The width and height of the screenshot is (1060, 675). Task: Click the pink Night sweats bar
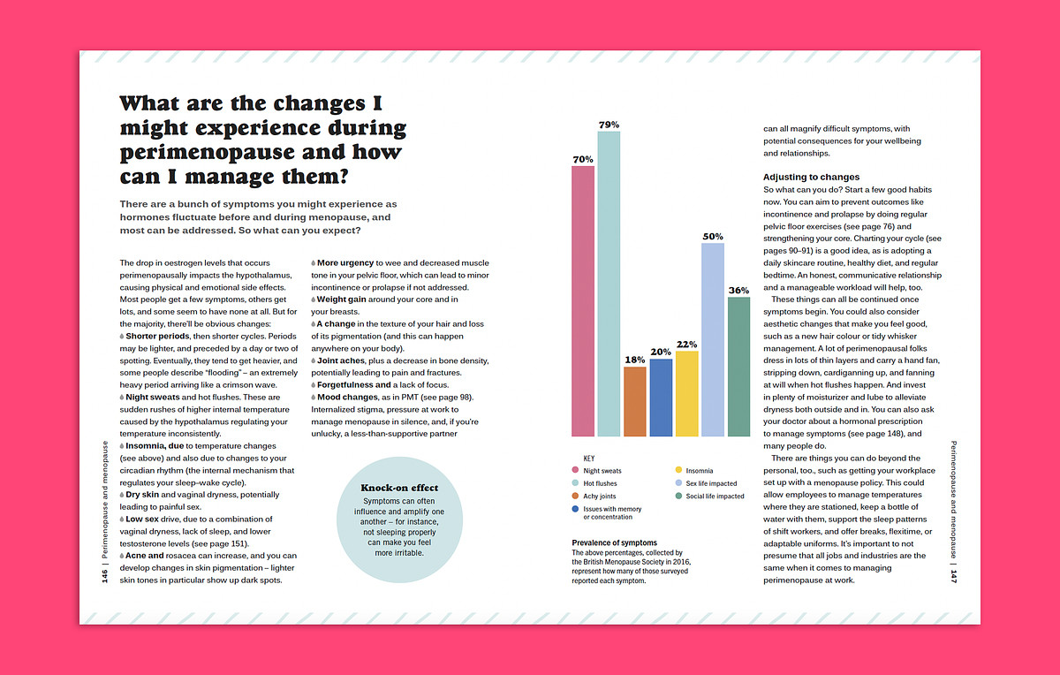583,300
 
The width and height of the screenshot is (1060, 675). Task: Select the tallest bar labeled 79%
609,283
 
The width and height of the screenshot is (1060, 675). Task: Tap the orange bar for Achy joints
635,401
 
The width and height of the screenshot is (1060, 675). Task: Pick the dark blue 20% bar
661,398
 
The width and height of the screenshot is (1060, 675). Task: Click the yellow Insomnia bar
686,393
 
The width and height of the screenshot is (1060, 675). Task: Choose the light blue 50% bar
713,339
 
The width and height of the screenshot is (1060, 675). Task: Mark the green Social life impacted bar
738,366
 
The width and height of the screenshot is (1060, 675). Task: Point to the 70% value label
583,160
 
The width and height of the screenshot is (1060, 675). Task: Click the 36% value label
738,291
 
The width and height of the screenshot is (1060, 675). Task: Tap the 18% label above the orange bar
635,360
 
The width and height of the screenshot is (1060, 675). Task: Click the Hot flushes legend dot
575,483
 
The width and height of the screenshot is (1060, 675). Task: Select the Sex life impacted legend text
711,483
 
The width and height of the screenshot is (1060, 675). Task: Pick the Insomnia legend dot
678,471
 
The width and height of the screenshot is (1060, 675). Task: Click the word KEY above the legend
589,459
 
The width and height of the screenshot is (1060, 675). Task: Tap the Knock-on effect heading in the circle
399,488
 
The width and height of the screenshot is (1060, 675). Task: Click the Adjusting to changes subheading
811,177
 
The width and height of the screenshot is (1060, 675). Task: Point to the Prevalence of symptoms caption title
614,542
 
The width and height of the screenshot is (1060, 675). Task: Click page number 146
104,576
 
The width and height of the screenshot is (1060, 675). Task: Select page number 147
955,576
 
